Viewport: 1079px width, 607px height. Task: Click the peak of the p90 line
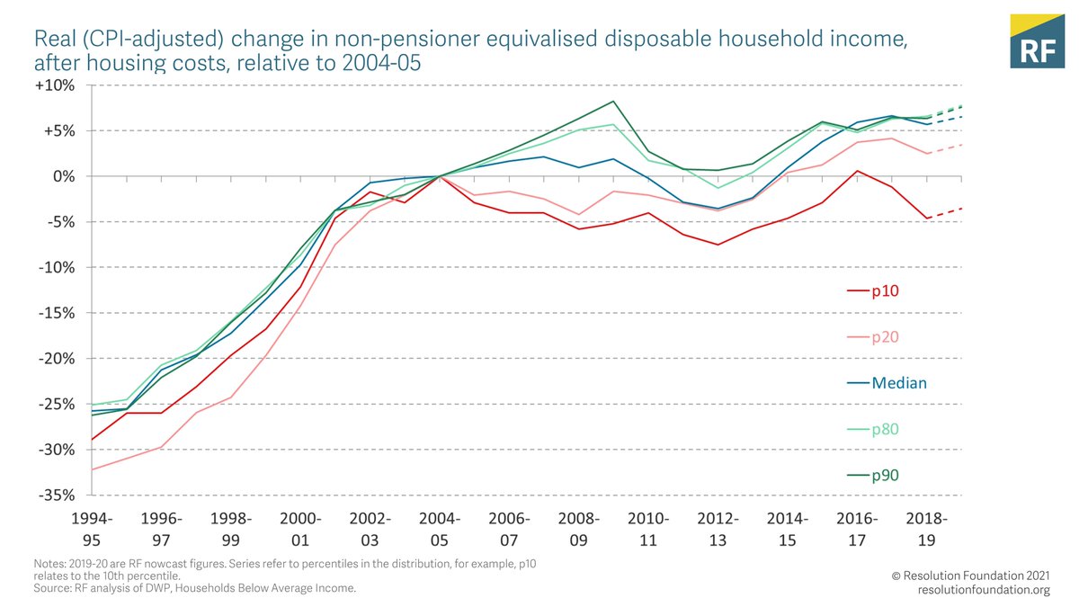pyautogui.click(x=613, y=101)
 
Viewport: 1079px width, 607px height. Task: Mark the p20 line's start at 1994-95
pyautogui.click(x=93, y=469)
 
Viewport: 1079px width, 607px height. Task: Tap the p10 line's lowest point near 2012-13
pyautogui.click(x=718, y=245)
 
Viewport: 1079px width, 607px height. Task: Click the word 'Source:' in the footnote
pyautogui.click(x=50, y=588)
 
